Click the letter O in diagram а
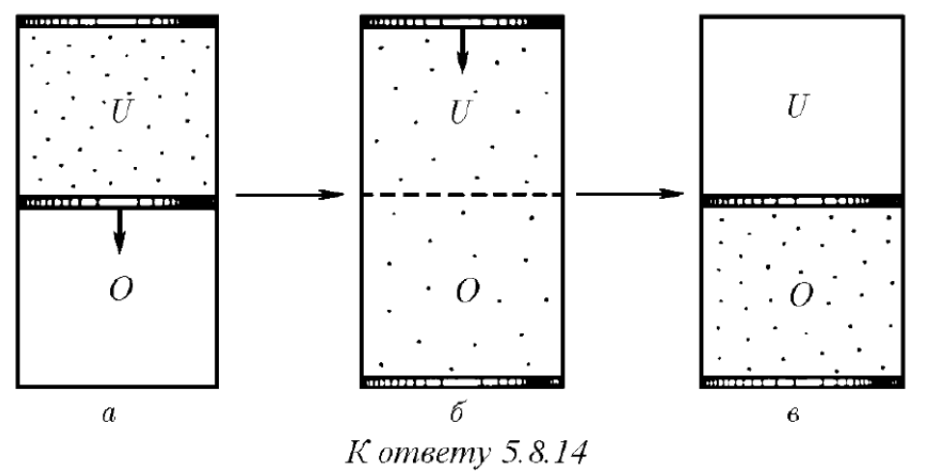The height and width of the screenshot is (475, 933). [121, 290]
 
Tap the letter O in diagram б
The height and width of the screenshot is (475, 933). [468, 291]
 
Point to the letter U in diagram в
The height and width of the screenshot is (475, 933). [798, 107]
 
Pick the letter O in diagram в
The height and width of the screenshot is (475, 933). [801, 295]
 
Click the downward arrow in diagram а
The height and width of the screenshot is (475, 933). [120, 232]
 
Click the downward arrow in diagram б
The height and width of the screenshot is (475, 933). [462, 50]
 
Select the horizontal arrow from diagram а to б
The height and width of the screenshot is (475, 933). [289, 195]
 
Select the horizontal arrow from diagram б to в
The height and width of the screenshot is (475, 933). [629, 194]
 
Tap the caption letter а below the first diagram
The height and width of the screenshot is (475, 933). [108, 415]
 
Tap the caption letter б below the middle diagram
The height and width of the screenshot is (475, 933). [457, 412]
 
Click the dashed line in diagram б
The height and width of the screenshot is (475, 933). [462, 195]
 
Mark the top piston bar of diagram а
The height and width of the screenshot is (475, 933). [117, 21]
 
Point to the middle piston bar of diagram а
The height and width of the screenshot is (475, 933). [117, 202]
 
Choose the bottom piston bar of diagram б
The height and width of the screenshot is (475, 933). [462, 381]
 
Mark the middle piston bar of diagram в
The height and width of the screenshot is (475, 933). [802, 201]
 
